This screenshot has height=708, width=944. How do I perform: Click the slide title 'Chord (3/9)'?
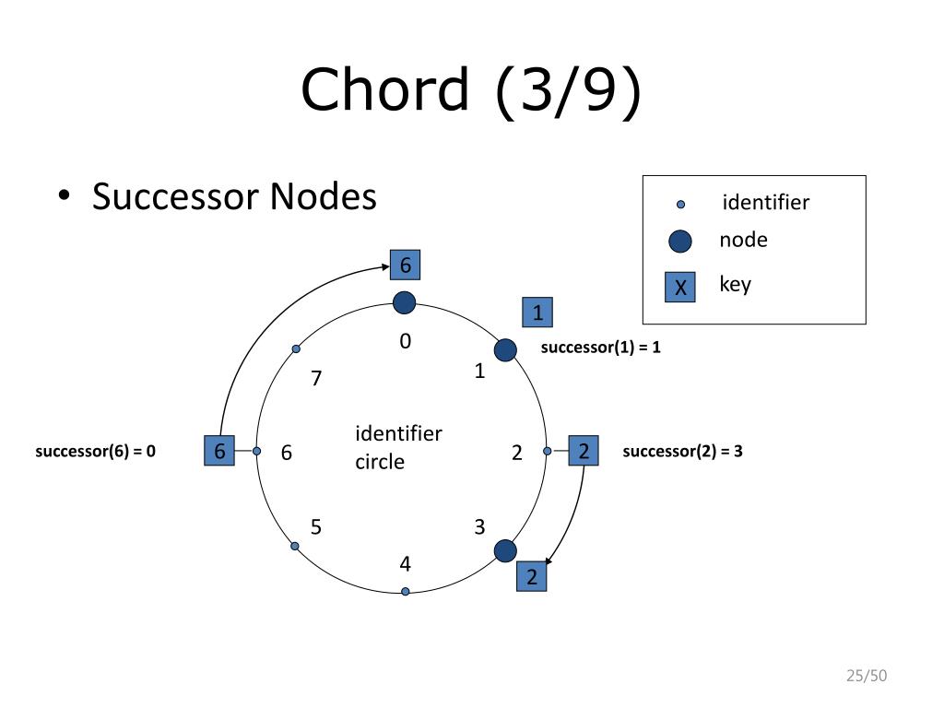point(470,89)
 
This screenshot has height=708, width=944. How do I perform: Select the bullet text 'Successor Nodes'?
point(234,196)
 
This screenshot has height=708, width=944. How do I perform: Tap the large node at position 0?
point(404,302)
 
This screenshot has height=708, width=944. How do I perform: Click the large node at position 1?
point(505,350)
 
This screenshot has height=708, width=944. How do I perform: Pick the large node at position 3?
point(505,551)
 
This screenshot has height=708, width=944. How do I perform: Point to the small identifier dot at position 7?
point(296,349)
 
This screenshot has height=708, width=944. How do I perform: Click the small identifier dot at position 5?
point(295,546)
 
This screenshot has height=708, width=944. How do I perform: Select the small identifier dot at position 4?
point(405,591)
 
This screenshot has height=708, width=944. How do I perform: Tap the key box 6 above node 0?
point(405,265)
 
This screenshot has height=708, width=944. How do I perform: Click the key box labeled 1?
point(537,313)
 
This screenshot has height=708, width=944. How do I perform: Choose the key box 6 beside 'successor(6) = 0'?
point(219,451)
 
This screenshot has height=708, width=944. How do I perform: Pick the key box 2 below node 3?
point(531,577)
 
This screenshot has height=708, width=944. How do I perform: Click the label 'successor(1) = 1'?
point(600,348)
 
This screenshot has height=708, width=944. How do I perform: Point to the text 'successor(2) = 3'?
point(682,451)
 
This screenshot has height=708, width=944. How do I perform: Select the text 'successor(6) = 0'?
point(95,451)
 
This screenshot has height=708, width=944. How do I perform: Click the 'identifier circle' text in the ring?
point(398,447)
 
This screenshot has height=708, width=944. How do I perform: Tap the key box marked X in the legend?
point(680,288)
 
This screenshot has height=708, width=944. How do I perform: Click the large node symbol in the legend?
point(680,242)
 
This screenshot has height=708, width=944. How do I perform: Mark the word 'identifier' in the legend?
point(765,202)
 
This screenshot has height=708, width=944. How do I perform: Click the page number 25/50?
point(866,677)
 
